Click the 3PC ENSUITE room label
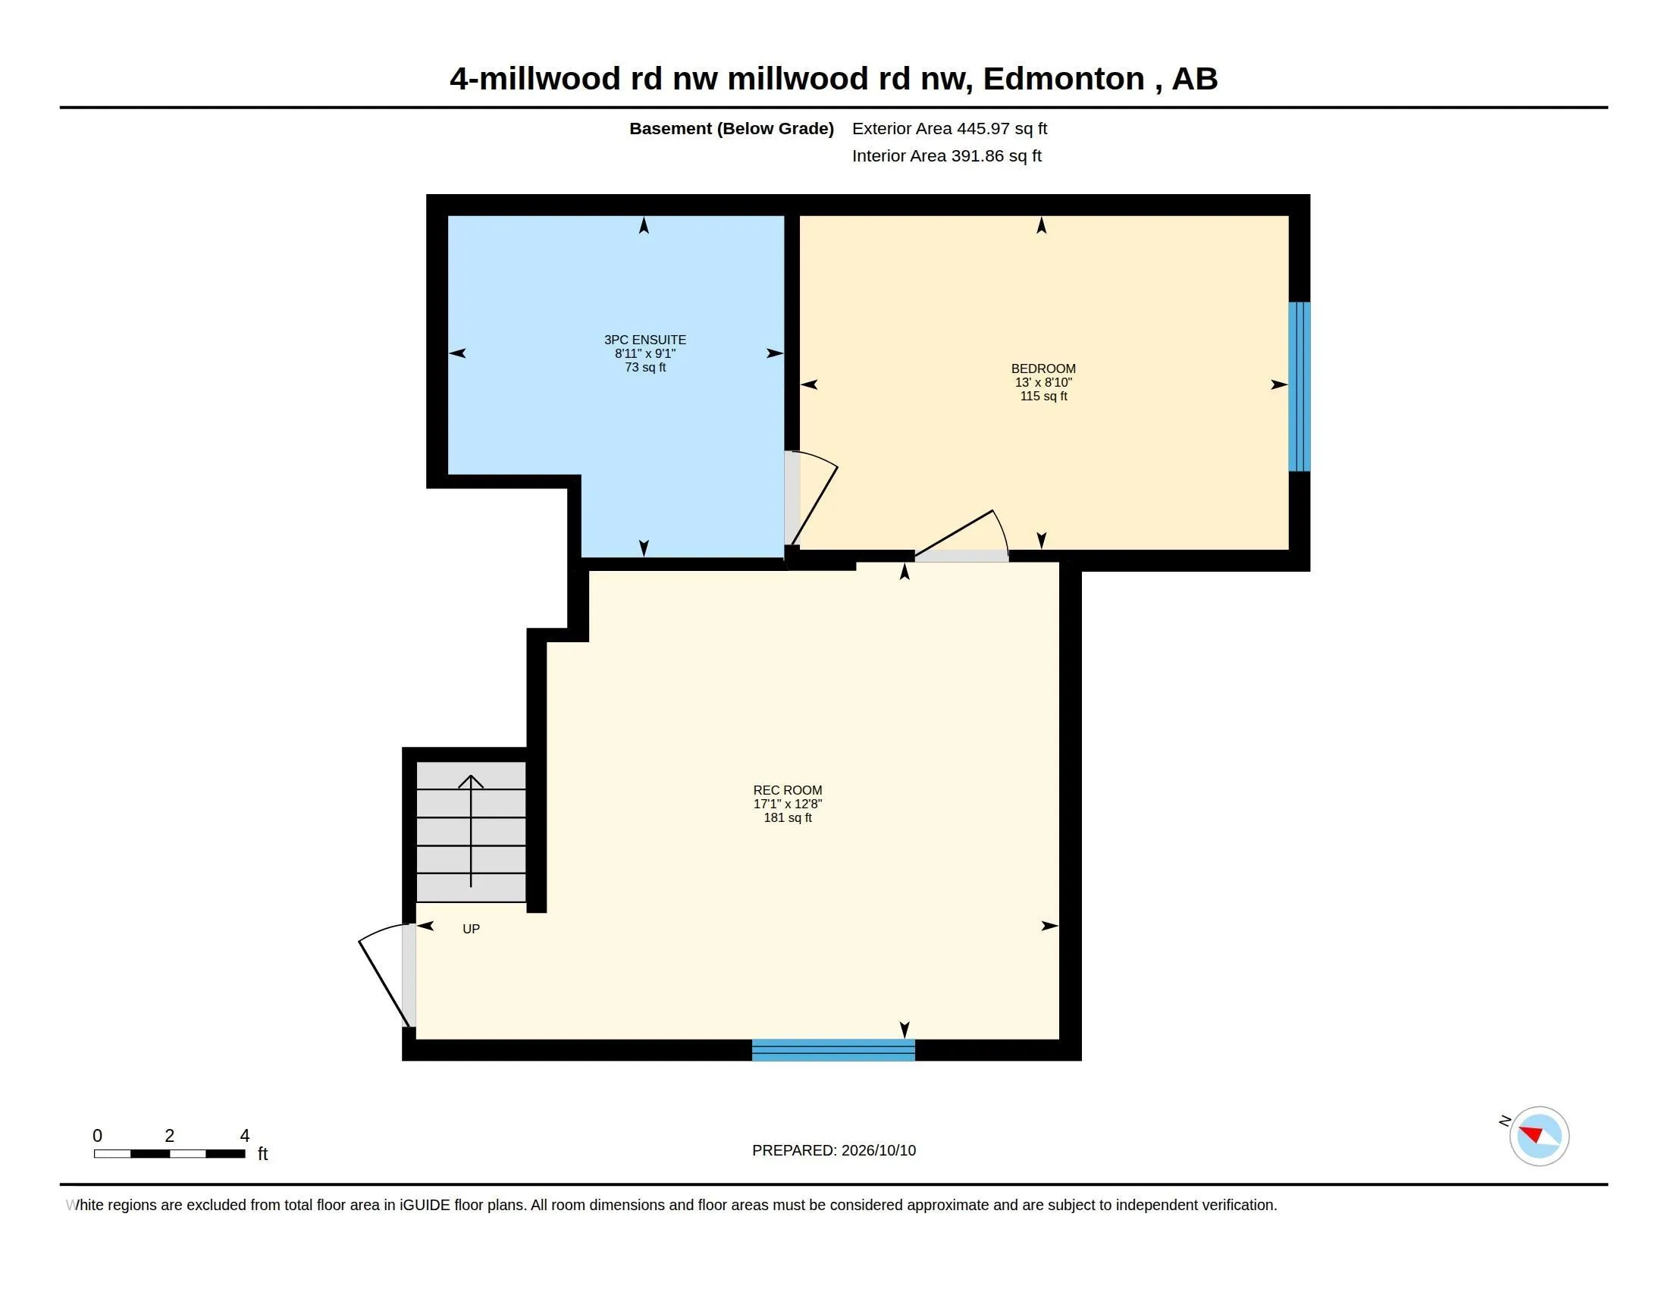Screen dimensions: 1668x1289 click(x=645, y=340)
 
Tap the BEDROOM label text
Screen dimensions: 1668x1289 click(x=1043, y=369)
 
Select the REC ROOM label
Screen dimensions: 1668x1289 click(x=788, y=790)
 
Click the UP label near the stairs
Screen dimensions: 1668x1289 click(x=472, y=929)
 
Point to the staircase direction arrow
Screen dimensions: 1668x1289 click(x=471, y=831)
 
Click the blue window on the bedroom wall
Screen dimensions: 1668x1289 click(x=1299, y=387)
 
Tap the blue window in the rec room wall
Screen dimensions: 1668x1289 click(x=833, y=1050)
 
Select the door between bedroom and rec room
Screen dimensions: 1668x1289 click(x=962, y=536)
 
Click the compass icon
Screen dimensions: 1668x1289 click(x=1539, y=1136)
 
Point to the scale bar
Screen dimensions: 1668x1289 click(x=170, y=1153)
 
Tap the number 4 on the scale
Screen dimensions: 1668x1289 click(x=244, y=1136)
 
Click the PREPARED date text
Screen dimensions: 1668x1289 click(x=834, y=1150)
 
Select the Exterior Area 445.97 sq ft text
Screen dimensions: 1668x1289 click(x=949, y=128)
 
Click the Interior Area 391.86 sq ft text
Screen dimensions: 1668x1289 click(x=946, y=155)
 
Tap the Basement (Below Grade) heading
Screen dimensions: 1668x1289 click(x=731, y=128)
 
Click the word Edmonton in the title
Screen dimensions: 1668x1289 click(x=1063, y=79)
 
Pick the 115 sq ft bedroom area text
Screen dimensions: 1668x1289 click(x=1043, y=397)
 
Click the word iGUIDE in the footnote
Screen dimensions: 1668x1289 click(x=424, y=1205)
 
